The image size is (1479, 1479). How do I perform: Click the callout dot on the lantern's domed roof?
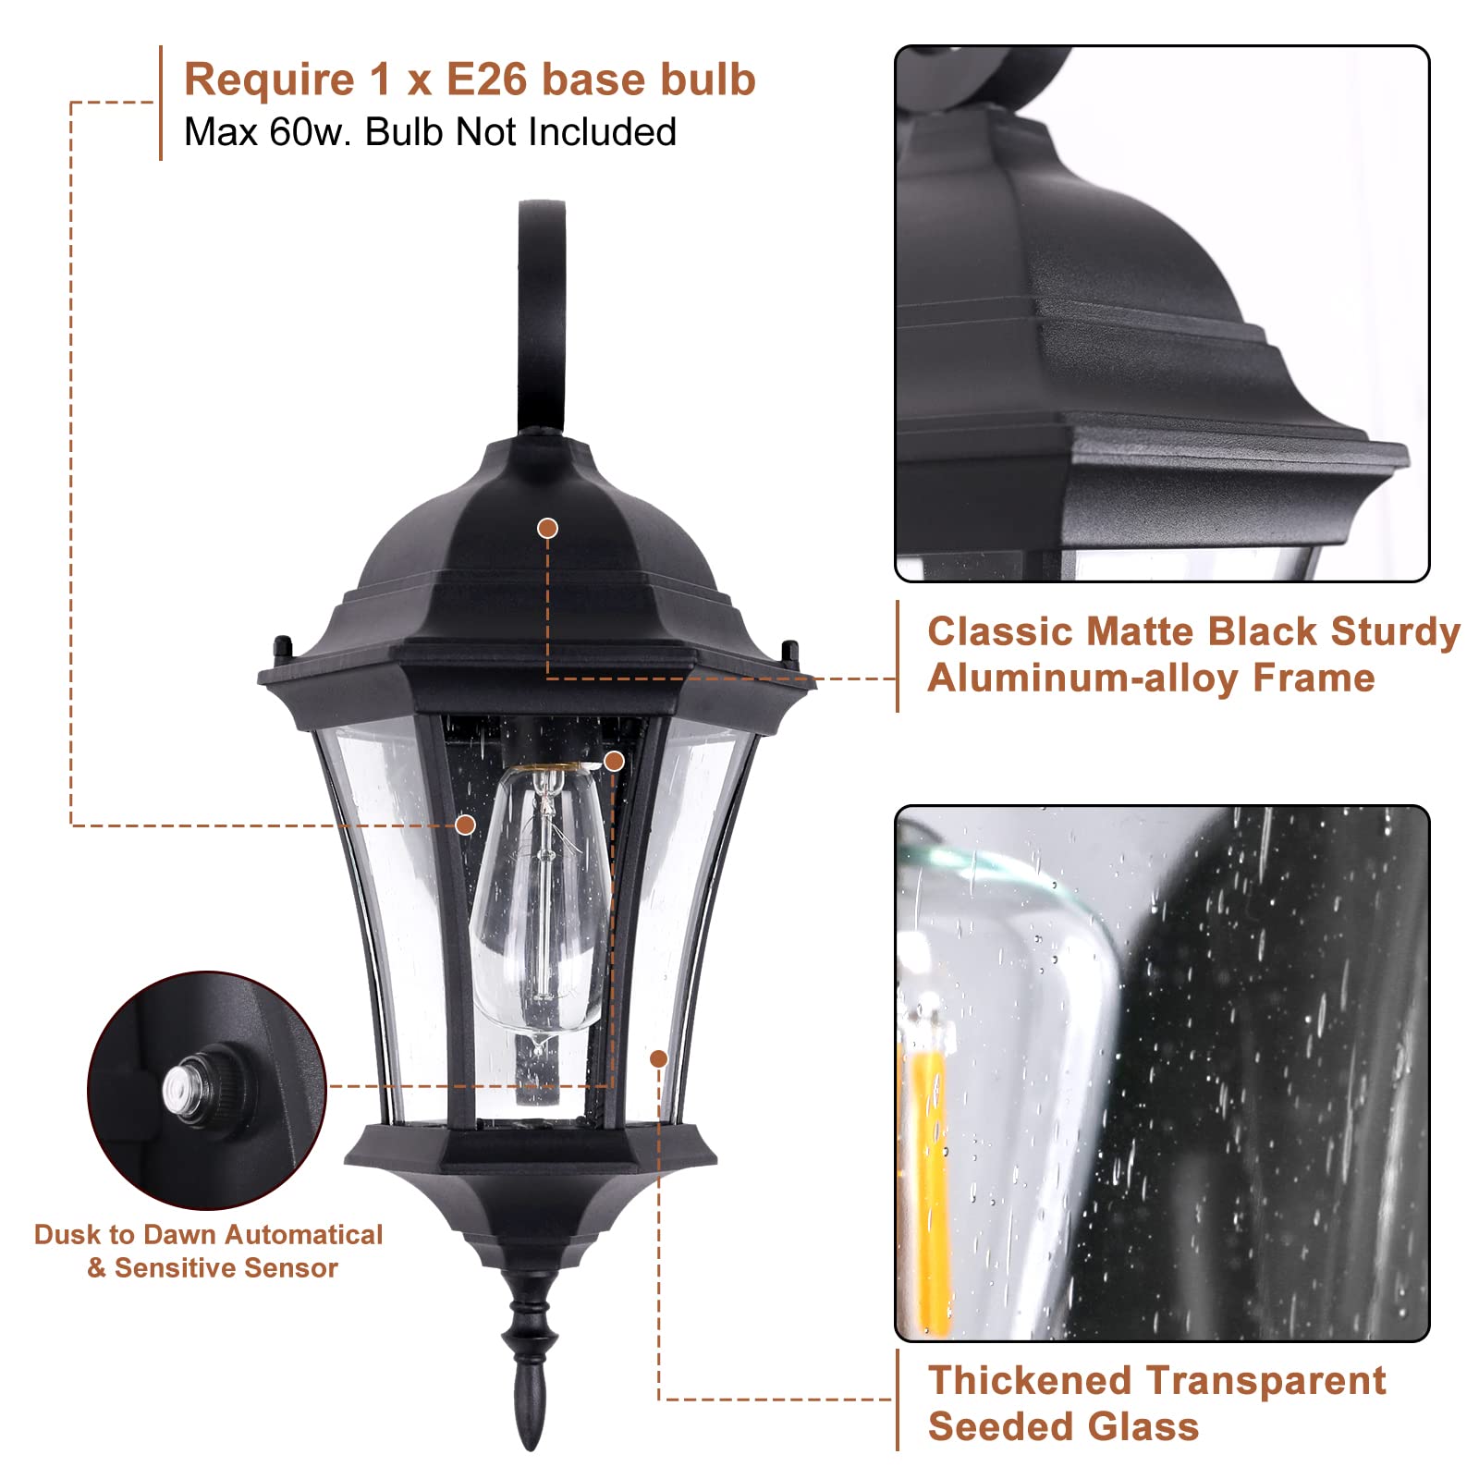tap(548, 528)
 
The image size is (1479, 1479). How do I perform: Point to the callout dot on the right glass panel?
tap(659, 1058)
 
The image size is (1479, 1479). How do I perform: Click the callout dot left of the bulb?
tap(466, 825)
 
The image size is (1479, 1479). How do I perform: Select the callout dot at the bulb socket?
tap(614, 762)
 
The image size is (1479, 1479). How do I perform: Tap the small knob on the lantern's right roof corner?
tap(789, 653)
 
